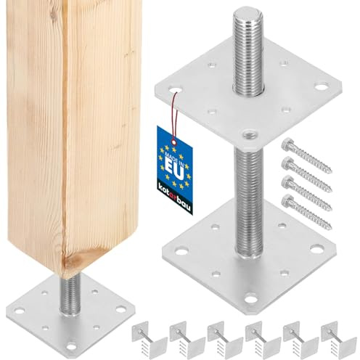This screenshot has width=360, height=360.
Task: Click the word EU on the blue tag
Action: point(173,168)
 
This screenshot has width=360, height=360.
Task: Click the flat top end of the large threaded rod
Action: point(247,14)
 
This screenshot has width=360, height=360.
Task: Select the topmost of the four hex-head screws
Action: point(306,155)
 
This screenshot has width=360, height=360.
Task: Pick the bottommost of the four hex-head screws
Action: point(306,211)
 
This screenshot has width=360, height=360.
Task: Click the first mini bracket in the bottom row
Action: point(150,339)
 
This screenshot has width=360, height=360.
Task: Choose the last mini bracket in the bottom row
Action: point(338,339)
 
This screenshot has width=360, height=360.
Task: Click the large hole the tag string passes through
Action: point(176,90)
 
